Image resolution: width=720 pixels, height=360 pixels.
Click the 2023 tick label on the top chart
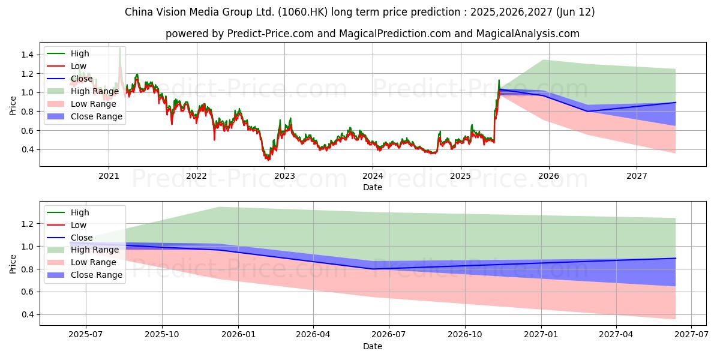click(x=284, y=176)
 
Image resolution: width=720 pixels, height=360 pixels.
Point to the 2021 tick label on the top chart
click(x=109, y=176)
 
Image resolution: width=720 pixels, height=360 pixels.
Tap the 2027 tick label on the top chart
click(x=637, y=176)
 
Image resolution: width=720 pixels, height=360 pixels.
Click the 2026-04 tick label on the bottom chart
click(x=313, y=335)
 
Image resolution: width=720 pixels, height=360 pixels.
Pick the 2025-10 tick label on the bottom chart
click(x=161, y=335)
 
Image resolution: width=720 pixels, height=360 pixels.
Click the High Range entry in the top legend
click(x=95, y=91)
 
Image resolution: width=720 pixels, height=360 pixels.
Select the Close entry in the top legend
click(x=82, y=79)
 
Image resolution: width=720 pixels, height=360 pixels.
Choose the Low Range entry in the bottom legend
click(x=94, y=262)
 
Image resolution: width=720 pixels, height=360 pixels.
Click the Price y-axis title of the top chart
click(x=13, y=106)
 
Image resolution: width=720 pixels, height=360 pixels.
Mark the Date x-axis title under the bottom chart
click(x=373, y=346)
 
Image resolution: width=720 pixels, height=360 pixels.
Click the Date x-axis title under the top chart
click(x=373, y=187)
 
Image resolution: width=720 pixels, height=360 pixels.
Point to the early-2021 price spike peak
click(x=119, y=48)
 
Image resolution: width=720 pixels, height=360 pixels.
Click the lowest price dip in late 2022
click(x=268, y=160)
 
